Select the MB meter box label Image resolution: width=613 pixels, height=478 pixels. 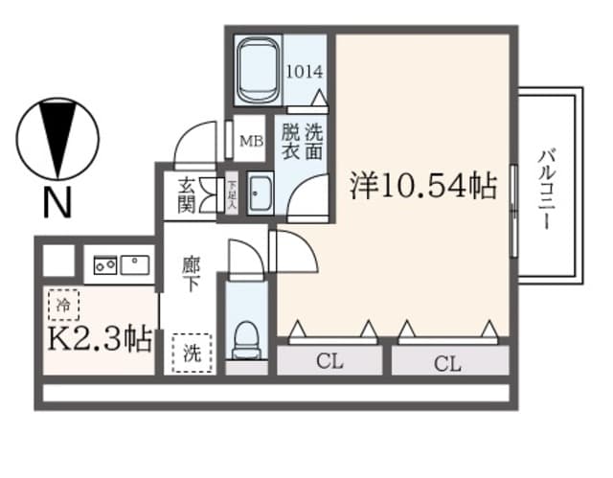pyautogui.click(x=251, y=142)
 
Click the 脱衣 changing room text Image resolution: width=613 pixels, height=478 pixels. pyautogui.click(x=290, y=142)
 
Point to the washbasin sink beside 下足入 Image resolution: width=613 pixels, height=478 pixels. pyautogui.click(x=260, y=195)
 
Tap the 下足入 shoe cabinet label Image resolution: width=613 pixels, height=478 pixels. pyautogui.click(x=232, y=193)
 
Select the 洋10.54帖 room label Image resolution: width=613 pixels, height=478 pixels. pyautogui.click(x=422, y=185)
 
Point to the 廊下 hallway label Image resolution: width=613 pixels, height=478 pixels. pyautogui.click(x=192, y=274)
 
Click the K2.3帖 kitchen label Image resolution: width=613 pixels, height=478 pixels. pyautogui.click(x=98, y=339)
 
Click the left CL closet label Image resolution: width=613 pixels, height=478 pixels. pyautogui.click(x=329, y=362)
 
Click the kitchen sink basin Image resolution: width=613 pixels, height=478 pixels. pyautogui.click(x=135, y=262)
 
